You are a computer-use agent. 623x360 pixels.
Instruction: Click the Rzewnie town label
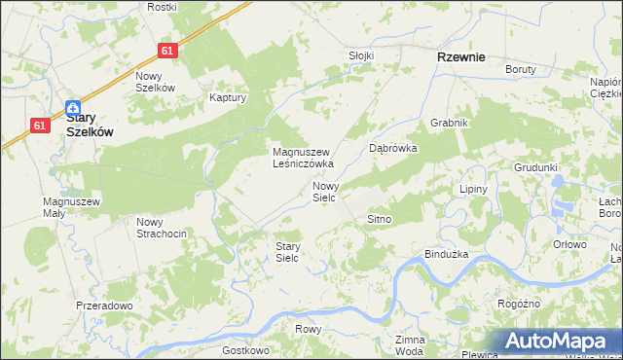[461, 57]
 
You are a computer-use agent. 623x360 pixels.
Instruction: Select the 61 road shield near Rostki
[168, 51]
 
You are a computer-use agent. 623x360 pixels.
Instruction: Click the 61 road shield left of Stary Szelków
[40, 125]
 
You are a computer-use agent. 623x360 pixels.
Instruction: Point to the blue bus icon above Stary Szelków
[73, 107]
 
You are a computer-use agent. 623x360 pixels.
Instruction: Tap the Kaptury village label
[230, 98]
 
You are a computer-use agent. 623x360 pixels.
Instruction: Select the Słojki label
[361, 55]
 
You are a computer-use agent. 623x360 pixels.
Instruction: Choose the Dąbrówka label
[393, 149]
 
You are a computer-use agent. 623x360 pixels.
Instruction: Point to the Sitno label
[379, 220]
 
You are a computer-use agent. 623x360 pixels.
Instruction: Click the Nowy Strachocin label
[161, 227]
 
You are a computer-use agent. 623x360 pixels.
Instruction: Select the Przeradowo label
[104, 306]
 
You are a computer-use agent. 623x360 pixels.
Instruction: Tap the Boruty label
[522, 69]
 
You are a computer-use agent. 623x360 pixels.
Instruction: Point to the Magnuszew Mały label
[72, 207]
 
